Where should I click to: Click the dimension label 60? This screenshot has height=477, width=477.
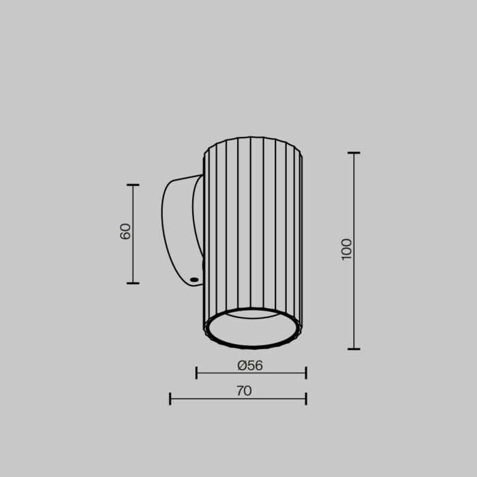tap(125, 231)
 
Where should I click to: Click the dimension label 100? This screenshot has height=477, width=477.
tap(347, 249)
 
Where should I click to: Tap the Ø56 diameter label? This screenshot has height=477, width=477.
tap(250, 365)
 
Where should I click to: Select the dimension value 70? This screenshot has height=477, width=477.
tap(244, 391)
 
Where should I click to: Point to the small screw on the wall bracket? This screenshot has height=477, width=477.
tap(195, 279)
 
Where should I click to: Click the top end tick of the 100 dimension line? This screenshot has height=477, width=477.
tap(354, 153)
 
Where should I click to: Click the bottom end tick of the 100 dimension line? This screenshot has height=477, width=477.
tap(354, 349)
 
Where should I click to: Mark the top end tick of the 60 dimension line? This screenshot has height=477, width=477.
tap(133, 185)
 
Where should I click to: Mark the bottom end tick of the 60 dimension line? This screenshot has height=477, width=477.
tap(133, 283)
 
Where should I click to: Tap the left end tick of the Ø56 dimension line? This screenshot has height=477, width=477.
tap(196, 373)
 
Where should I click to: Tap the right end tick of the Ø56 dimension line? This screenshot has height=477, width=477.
tap(306, 373)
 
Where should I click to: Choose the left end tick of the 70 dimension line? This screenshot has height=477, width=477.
tap(170, 399)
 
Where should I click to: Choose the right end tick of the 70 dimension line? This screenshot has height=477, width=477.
tap(306, 399)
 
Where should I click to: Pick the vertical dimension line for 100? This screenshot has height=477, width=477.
tap(354, 204)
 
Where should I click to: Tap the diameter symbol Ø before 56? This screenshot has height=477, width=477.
tap(242, 365)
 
